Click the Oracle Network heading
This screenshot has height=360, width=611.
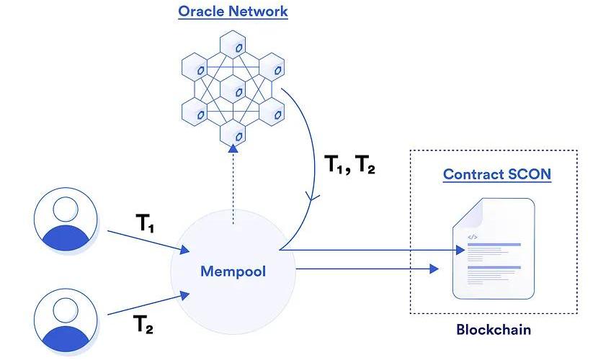pos(233,12)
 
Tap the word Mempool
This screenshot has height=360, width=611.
pos(233,272)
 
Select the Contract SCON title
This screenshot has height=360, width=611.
pos(496,174)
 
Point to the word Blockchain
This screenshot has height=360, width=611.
pos(494,330)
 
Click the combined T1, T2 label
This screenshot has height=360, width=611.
pos(349,167)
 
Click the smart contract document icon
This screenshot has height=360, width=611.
pos(494,248)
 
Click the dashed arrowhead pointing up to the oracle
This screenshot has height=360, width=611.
pos(233,148)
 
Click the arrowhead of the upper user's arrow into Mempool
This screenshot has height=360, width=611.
pos(187,251)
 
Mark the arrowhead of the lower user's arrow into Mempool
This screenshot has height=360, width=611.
pos(187,294)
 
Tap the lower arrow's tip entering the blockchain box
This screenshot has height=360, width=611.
pos(434,269)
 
